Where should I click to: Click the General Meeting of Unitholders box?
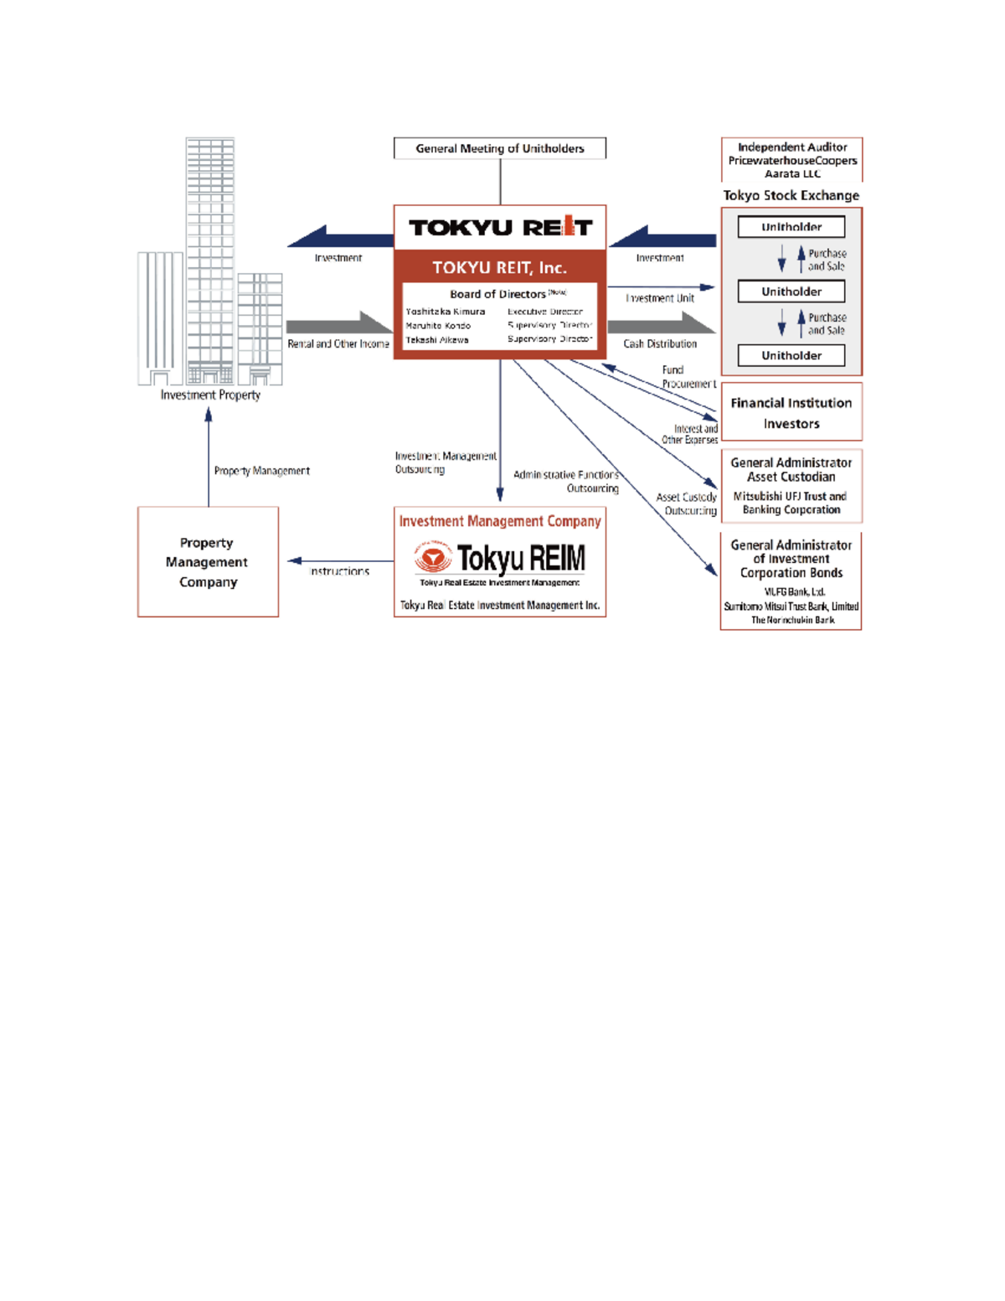500,148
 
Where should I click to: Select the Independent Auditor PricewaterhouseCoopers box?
791,160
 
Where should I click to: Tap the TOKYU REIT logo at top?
500,227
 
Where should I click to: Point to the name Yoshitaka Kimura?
445,312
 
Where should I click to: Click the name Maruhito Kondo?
438,326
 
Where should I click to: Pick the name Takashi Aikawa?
436,340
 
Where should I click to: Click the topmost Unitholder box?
791,227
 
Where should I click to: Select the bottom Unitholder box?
791,355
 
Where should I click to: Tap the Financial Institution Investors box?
791,413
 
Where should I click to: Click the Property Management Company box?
208,562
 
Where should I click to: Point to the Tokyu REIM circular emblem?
433,558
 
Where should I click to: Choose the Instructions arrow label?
339,571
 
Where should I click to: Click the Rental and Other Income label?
338,343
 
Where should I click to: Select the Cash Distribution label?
660,343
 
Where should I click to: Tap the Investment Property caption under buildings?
210,395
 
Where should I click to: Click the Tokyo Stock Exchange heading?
791,195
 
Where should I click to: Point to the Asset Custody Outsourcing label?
687,503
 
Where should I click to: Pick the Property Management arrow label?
261,471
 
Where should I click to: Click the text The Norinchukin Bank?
792,620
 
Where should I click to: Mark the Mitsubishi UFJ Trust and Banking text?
791,503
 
